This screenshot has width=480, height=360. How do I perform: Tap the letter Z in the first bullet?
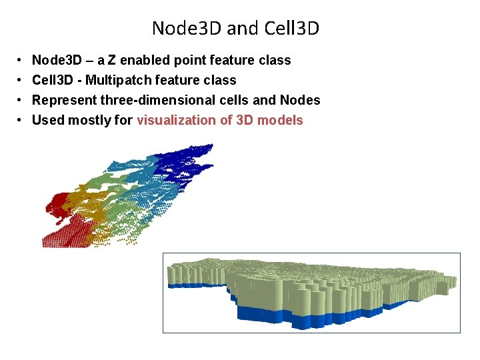click(121, 61)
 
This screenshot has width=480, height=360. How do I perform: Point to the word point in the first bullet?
click(191, 61)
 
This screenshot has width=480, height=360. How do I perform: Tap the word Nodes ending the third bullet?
click(301, 101)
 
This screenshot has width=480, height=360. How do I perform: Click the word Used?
click(47, 121)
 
